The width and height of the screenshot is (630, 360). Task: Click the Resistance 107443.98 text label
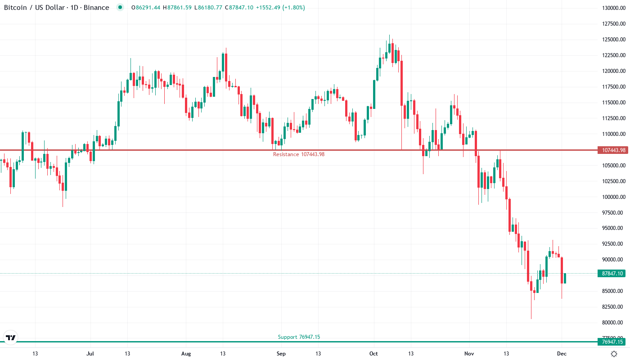point(299,154)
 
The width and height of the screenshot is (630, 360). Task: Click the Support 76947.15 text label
point(299,337)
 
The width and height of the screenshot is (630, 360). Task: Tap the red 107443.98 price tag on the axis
point(612,150)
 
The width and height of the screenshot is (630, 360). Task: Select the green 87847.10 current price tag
point(612,273)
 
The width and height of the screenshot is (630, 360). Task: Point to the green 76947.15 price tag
point(612,342)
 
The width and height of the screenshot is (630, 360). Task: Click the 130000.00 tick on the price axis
point(613,8)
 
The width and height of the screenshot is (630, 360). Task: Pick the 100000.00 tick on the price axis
point(613,197)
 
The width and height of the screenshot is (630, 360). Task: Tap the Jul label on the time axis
point(90,354)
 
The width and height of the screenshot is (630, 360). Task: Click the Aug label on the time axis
point(185,354)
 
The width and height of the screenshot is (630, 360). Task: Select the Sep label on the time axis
point(281,354)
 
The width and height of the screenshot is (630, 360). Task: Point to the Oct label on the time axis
point(373,354)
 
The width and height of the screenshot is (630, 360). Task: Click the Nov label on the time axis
point(469,354)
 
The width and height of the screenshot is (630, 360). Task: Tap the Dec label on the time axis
point(562,354)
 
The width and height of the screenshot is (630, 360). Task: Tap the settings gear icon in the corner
point(614,354)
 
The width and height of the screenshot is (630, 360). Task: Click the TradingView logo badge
point(10,337)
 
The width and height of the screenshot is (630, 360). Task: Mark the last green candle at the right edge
point(565,278)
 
